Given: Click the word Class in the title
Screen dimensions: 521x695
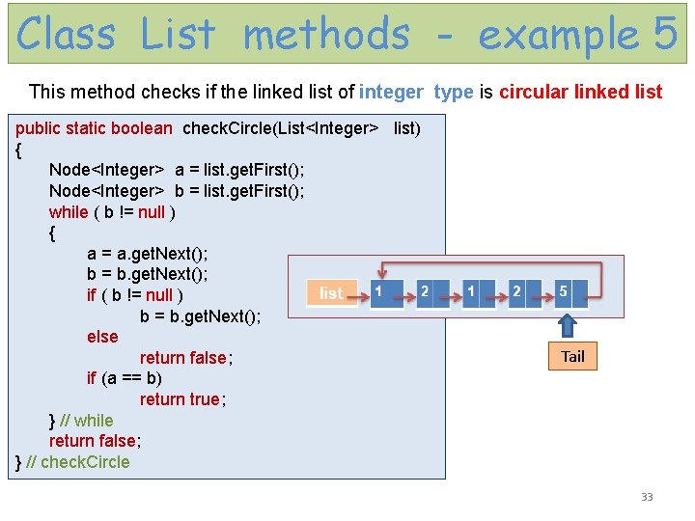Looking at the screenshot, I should (66, 34).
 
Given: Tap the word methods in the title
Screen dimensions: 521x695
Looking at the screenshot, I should (326, 34).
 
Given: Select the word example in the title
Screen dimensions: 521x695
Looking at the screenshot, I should (558, 36).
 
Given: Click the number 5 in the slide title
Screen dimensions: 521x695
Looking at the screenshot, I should (665, 34).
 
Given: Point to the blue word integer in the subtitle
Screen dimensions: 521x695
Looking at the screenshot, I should (391, 93).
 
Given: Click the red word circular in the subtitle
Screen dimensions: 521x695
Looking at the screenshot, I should (534, 93).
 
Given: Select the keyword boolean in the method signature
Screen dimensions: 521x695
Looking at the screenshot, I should (142, 128).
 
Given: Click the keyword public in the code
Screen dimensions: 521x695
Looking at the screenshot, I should (38, 128).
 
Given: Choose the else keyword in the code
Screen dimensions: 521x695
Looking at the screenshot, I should (102, 337).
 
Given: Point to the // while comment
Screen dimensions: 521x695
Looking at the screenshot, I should (86, 421).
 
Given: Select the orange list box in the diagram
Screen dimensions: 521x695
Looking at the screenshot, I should (331, 293).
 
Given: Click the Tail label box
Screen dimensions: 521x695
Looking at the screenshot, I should (572, 357).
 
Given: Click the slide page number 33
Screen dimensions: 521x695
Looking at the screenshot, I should (647, 498).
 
